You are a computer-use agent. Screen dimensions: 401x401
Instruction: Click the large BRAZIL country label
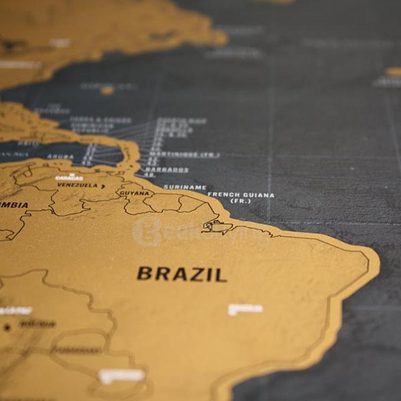tap(182, 274)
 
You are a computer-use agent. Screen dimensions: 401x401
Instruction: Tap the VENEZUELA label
tap(77, 185)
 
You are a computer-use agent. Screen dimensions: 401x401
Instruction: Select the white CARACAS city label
tap(69, 177)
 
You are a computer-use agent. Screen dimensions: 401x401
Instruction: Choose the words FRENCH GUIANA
tap(241, 195)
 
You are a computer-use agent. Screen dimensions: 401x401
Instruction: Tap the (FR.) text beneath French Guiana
tap(241, 202)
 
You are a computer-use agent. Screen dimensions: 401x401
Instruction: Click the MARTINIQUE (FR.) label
tap(183, 155)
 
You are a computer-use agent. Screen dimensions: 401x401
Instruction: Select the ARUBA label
tap(60, 157)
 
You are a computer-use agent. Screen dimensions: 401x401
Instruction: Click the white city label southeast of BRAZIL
tap(245, 308)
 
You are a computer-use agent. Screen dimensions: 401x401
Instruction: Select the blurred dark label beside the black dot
tap(37, 324)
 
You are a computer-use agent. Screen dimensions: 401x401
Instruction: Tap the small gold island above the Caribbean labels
tap(107, 90)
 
